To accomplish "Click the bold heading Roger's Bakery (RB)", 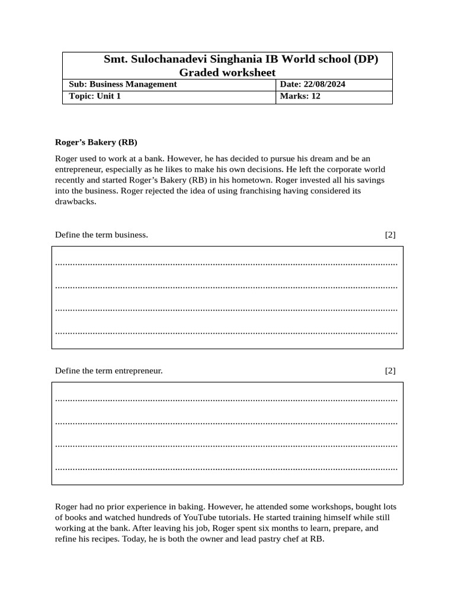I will pyautogui.click(x=96, y=142).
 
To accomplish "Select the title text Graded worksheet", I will pyautogui.click(x=227, y=72).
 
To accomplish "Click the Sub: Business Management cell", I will pyautogui.click(x=123, y=84).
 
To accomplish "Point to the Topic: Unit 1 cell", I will pyautogui.click(x=95, y=96).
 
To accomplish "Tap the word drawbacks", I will pyautogui.click(x=75, y=202).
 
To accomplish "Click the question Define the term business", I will pyautogui.click(x=101, y=235).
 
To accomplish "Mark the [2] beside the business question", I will pyautogui.click(x=390, y=235).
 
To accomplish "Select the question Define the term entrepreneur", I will pyautogui.click(x=108, y=371).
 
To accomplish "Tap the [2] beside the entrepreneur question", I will pyautogui.click(x=390, y=371).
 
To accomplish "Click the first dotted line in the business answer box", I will pyautogui.click(x=226, y=263).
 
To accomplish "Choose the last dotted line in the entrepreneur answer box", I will pyautogui.click(x=226, y=468).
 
